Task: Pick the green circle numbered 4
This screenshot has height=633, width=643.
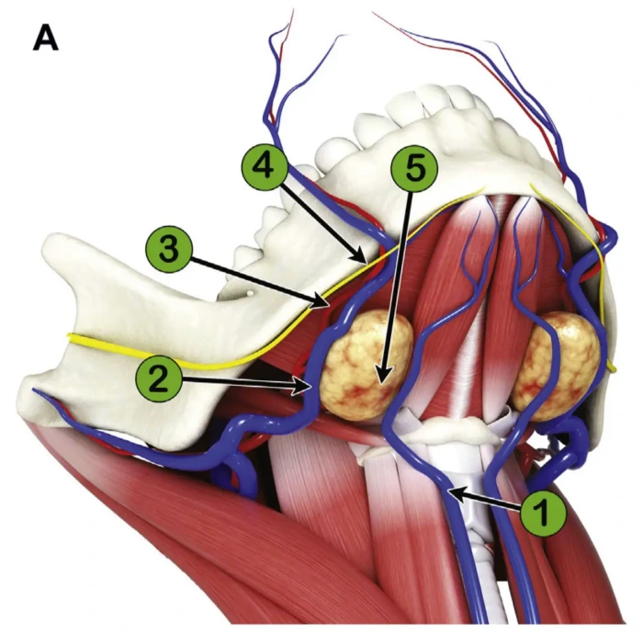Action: pos(264,168)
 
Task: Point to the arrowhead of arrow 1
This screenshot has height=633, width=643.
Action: pos(451,494)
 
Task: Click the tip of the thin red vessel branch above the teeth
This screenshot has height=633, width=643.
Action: pos(292,13)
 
